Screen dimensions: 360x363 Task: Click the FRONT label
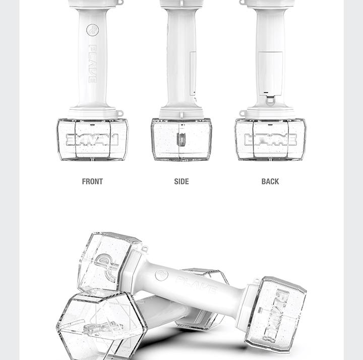click(92, 182)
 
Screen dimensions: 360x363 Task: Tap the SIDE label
click(181, 182)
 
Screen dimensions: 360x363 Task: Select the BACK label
click(270, 182)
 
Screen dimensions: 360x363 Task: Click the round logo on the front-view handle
click(92, 30)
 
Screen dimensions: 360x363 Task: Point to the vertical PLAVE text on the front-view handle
click(92, 64)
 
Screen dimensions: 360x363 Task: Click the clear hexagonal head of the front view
click(92, 139)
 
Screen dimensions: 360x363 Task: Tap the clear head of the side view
click(181, 139)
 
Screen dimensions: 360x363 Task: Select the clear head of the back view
click(270, 139)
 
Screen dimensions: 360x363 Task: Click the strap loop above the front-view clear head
click(119, 114)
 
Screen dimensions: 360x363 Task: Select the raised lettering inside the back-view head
click(270, 140)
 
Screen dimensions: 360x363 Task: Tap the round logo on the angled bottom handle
click(161, 275)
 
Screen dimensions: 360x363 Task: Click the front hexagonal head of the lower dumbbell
click(101, 323)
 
